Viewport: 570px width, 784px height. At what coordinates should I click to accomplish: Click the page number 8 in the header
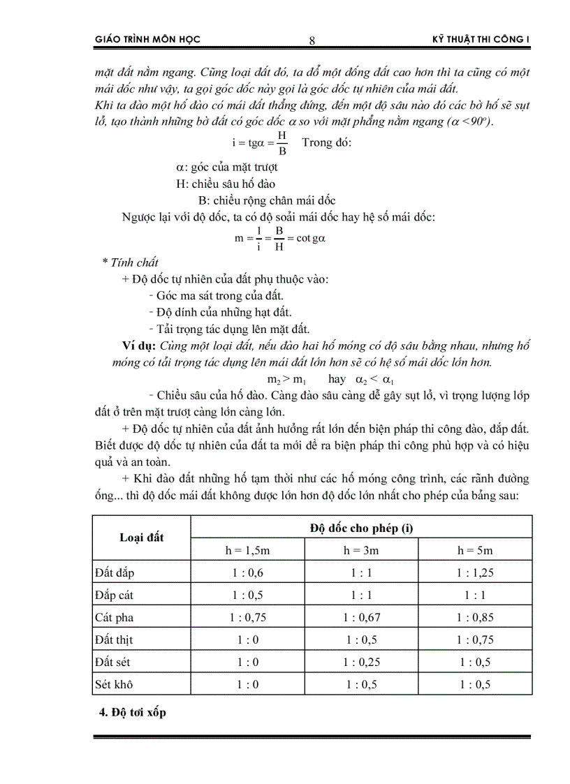(312, 40)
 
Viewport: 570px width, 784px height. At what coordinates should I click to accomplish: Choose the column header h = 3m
(361, 550)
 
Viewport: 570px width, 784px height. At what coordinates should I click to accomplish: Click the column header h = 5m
(475, 550)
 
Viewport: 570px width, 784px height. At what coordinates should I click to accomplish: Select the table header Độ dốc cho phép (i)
(361, 528)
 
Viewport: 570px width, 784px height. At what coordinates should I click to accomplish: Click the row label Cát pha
(114, 617)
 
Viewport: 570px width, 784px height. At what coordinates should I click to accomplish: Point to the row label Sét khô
(114, 684)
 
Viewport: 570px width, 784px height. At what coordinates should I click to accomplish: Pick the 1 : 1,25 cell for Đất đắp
(475, 573)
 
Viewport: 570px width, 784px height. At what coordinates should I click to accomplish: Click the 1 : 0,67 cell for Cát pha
(361, 617)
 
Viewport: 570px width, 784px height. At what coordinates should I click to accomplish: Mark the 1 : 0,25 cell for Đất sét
(361, 662)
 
